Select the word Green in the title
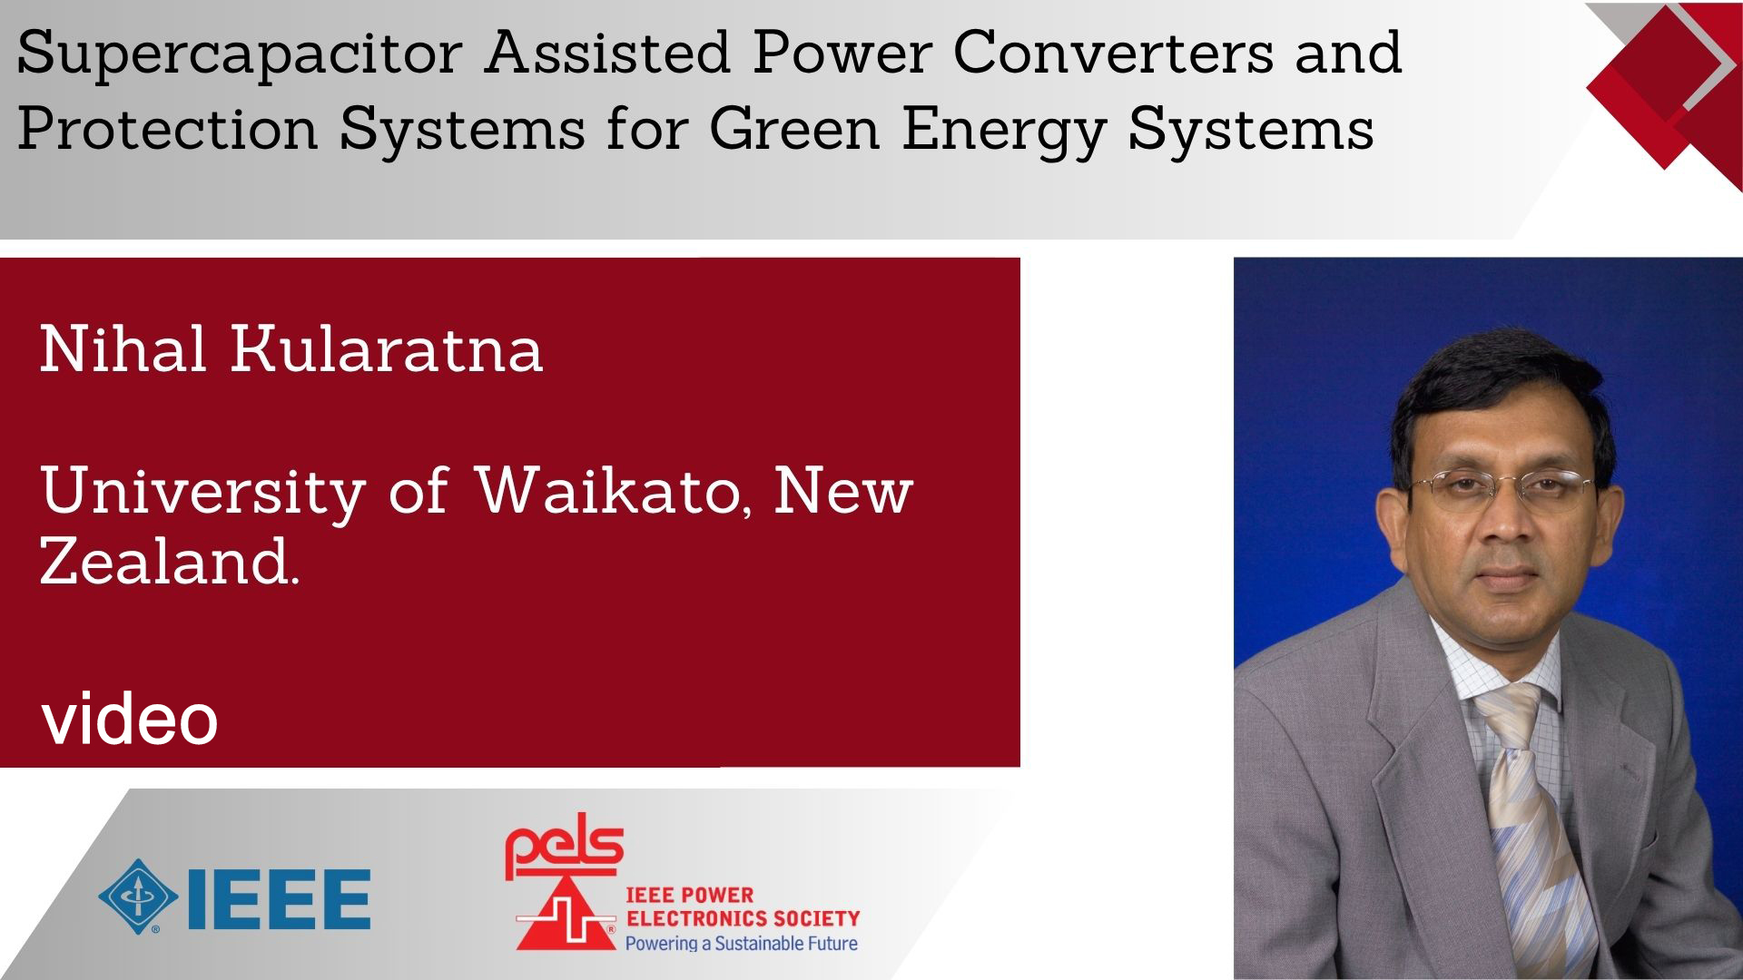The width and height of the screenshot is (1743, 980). pyautogui.click(x=794, y=129)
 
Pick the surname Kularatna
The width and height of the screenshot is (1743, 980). pyautogui.click(x=387, y=348)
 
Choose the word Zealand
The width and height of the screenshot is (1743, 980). pyautogui.click(x=169, y=562)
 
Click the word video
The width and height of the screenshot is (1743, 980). pyautogui.click(x=130, y=719)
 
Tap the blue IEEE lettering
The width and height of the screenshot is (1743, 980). pyautogui.click(x=278, y=899)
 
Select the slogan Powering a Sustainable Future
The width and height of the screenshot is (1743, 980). pyautogui.click(x=742, y=944)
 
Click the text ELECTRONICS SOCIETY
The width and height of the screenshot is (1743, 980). pyautogui.click(x=743, y=918)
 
